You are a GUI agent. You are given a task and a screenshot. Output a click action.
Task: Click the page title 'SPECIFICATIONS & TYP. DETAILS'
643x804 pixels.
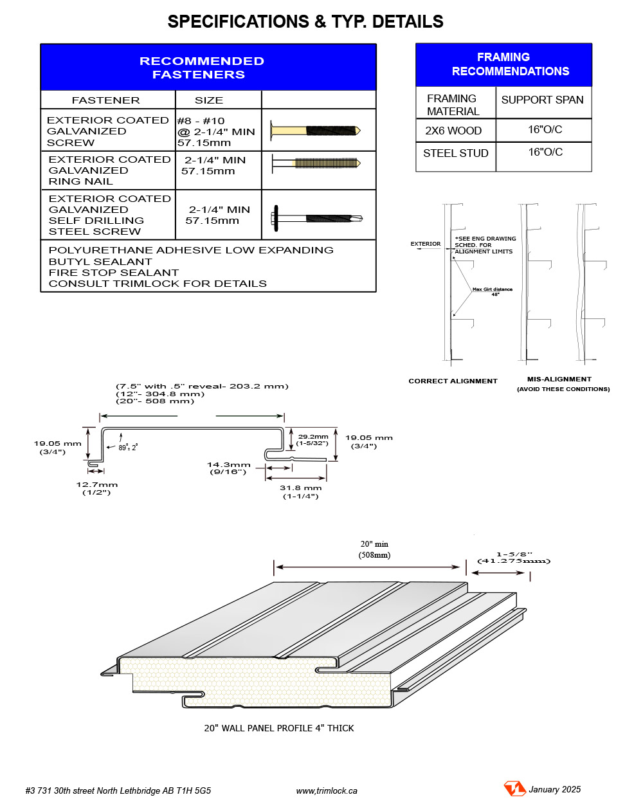[305, 22]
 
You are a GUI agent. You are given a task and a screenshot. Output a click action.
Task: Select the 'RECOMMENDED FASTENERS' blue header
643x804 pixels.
[201, 68]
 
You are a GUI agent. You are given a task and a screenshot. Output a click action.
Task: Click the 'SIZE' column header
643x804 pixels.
[209, 100]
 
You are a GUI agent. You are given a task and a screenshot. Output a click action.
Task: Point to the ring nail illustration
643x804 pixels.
[315, 163]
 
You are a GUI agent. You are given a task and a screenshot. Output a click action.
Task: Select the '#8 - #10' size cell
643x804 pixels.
[201, 121]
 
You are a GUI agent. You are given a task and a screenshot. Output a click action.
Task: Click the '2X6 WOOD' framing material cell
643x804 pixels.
[453, 131]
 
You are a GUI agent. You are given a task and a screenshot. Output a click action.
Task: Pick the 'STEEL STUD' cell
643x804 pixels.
[455, 153]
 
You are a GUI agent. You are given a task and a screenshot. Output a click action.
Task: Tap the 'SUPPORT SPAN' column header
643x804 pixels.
[542, 100]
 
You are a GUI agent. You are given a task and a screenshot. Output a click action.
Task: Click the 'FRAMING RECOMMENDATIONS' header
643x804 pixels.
[504, 64]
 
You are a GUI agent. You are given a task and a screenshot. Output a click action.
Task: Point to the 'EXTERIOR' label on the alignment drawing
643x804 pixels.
[426, 244]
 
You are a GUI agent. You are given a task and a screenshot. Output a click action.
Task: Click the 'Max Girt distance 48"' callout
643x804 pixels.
[493, 291]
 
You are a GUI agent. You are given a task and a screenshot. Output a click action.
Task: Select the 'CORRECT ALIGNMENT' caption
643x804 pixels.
[453, 381]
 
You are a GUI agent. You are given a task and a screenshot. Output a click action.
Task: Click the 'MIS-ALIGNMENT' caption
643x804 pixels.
[559, 379]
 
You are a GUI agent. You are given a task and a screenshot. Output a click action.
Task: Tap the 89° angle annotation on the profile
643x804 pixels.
[127, 448]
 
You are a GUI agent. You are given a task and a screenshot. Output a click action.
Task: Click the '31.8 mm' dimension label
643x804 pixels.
[300, 488]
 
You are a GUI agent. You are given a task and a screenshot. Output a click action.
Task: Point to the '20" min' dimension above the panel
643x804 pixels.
[374, 544]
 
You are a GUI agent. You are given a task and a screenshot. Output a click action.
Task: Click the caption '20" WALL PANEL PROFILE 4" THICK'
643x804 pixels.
[279, 728]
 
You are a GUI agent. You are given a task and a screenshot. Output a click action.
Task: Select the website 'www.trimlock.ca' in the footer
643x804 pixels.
[327, 790]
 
